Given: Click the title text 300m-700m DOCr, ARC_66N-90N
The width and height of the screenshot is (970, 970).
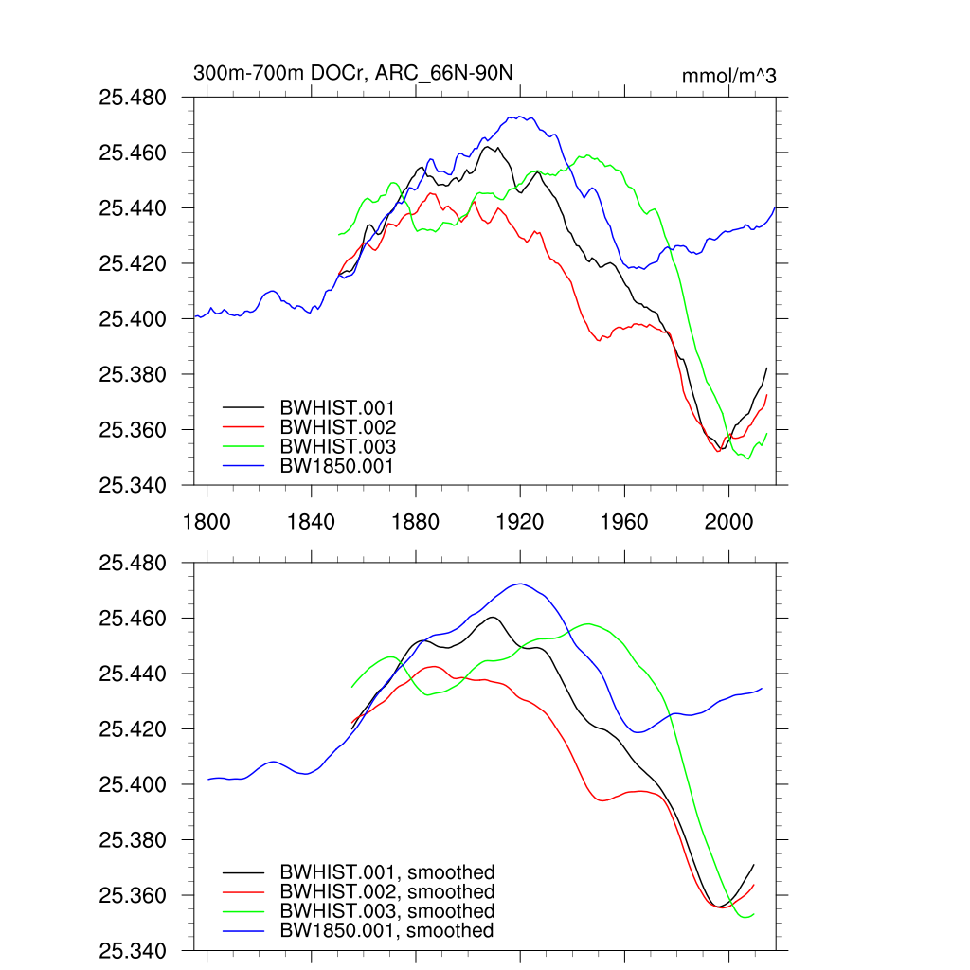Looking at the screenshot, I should click(353, 74).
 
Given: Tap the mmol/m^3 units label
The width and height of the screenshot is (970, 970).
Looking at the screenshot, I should click(728, 76).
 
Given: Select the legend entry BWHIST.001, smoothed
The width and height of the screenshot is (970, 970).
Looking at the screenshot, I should click(386, 872).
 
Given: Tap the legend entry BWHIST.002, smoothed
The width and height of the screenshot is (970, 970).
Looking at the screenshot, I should click(386, 892).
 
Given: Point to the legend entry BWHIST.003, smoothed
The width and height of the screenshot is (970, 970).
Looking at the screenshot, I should click(386, 911).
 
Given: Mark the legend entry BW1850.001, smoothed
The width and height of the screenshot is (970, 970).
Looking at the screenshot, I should click(386, 931).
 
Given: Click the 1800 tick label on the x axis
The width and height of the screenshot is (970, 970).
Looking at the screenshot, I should click(207, 521).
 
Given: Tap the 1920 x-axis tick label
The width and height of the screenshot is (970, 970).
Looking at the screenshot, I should click(520, 521).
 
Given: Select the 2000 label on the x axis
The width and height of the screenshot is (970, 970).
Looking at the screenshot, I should click(729, 521).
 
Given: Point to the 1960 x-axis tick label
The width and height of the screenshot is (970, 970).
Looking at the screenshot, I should click(624, 521).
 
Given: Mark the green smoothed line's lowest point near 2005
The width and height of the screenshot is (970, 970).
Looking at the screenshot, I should click(748, 917).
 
